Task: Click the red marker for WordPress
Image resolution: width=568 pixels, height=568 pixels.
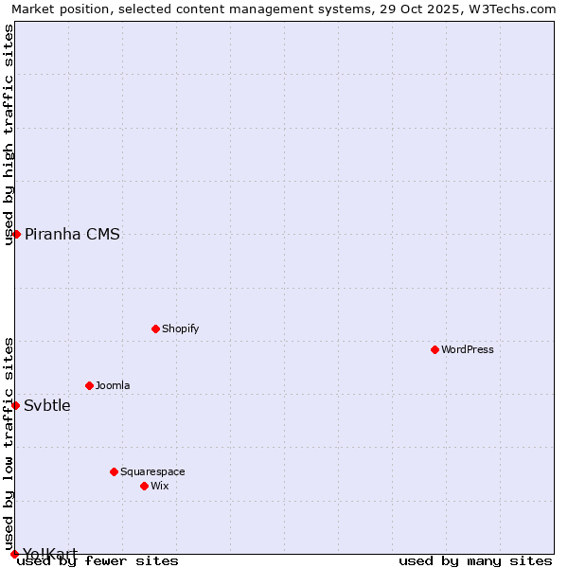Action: pyautogui.click(x=435, y=349)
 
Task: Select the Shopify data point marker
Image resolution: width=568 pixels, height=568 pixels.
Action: pyautogui.click(x=155, y=328)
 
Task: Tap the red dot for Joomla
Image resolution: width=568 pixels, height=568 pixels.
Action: pyautogui.click(x=89, y=385)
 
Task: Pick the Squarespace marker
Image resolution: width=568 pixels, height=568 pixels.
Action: pyautogui.click(x=114, y=471)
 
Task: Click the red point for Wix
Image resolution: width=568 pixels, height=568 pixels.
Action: pyautogui.click(x=144, y=486)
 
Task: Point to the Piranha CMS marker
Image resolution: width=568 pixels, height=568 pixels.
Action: pyautogui.click(x=16, y=234)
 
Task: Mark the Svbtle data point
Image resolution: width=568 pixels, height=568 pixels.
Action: pyautogui.click(x=15, y=405)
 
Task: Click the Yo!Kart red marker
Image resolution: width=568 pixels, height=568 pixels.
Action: pyautogui.click(x=14, y=554)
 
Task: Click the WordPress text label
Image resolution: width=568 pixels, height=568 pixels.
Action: pyautogui.click(x=468, y=349)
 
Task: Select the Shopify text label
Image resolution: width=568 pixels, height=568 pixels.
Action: pyautogui.click(x=181, y=328)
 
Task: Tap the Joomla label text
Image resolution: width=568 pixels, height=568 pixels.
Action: pyautogui.click(x=113, y=385)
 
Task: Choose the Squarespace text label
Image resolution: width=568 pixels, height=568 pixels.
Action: pyautogui.click(x=152, y=471)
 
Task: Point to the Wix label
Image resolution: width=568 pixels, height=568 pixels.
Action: pyautogui.click(x=160, y=486)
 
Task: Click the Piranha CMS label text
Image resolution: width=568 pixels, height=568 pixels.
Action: pyautogui.click(x=72, y=235)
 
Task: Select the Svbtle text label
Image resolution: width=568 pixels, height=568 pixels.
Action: pyautogui.click(x=47, y=406)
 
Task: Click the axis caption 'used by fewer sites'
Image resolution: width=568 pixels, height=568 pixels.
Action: pyautogui.click(x=98, y=560)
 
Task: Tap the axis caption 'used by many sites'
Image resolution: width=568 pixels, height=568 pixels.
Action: pyautogui.click(x=475, y=560)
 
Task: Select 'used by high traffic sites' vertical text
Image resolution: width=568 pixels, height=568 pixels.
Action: pyautogui.click(x=9, y=134)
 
